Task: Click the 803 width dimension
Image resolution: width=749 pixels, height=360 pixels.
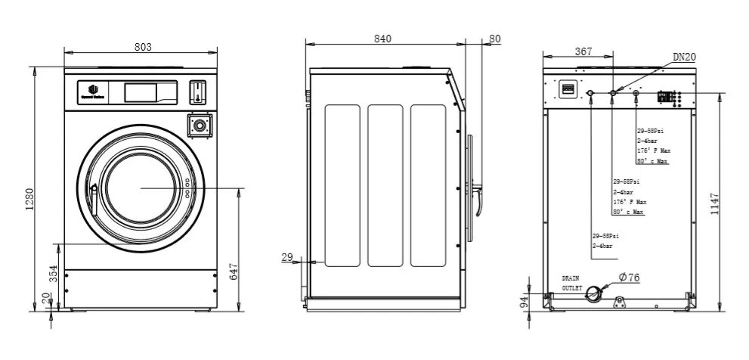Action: pyautogui.click(x=143, y=47)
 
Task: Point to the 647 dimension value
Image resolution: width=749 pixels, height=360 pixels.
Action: pyautogui.click(x=234, y=270)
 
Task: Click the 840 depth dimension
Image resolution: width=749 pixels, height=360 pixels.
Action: pyautogui.click(x=383, y=39)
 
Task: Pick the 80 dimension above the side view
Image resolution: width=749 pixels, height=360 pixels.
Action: pyautogui.click(x=495, y=39)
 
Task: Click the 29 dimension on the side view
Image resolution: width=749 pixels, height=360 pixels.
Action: pyautogui.click(x=287, y=258)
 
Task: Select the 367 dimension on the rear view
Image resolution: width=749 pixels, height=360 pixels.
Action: pyautogui.click(x=583, y=51)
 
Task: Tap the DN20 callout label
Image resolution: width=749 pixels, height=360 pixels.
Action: pyautogui.click(x=685, y=57)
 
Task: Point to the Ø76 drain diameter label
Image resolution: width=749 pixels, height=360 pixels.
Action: pyautogui.click(x=629, y=278)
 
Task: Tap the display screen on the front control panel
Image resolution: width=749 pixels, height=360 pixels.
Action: pyautogui.click(x=140, y=92)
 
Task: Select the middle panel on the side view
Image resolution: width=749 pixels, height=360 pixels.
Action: pyautogui.click(x=385, y=185)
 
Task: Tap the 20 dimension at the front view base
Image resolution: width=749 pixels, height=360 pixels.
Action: pyautogui.click(x=45, y=299)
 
